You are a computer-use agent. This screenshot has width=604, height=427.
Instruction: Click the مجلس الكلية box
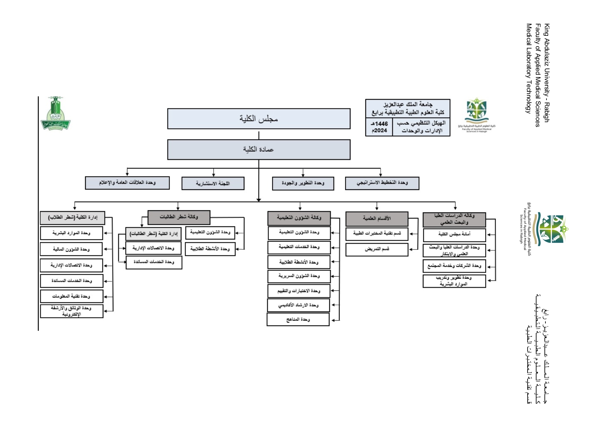point(259,119)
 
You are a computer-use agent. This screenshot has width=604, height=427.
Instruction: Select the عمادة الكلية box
point(259,149)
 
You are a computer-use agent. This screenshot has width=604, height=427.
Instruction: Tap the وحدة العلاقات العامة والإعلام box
point(127,183)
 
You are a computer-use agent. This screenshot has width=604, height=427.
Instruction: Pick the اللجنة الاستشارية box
point(213,183)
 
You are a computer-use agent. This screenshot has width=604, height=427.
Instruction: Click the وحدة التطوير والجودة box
point(303,183)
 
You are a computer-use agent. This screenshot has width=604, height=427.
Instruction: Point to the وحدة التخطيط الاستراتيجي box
point(382,183)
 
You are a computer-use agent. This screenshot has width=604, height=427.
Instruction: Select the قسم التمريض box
point(377,249)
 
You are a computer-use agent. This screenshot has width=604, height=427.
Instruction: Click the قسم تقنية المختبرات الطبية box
point(377,234)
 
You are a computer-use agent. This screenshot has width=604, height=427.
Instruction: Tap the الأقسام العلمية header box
point(377,218)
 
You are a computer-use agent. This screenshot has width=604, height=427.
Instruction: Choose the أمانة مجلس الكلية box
point(454,234)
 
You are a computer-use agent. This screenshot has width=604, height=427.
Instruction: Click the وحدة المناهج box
point(298,320)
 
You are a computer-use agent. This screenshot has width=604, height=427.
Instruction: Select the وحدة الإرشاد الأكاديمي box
point(298,305)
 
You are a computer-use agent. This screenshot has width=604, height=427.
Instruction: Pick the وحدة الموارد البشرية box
point(71,233)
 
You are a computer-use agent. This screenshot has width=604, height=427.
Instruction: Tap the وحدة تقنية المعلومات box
point(71,296)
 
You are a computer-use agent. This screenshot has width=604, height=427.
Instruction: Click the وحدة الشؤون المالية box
point(71,249)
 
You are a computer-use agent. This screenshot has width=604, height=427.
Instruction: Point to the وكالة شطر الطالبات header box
point(179,217)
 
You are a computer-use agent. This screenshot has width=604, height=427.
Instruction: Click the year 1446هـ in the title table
point(379,124)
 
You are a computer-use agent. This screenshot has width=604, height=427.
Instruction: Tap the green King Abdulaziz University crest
point(55,114)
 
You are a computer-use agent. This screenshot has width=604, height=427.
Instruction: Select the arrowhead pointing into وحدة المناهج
point(333,320)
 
